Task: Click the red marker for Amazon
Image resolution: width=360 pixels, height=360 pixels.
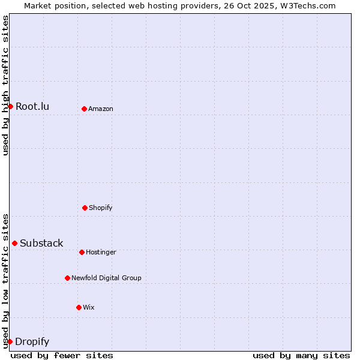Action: pyautogui.click(x=84, y=109)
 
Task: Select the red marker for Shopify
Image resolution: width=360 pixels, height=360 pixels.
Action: pyautogui.click(x=85, y=208)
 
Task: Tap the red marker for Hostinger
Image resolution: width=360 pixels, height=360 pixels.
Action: pyautogui.click(x=82, y=252)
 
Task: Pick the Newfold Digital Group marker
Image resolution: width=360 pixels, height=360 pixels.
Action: pyautogui.click(x=67, y=278)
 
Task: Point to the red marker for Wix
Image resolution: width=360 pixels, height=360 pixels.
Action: pyautogui.click(x=79, y=307)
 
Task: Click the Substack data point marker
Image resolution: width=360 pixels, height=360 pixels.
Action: pyautogui.click(x=14, y=243)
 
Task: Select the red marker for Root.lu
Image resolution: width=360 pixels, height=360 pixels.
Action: pyautogui.click(x=10, y=106)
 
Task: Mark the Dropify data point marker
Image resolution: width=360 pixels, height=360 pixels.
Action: pyautogui.click(x=10, y=341)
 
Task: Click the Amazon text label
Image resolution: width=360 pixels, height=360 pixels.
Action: pyautogui.click(x=101, y=109)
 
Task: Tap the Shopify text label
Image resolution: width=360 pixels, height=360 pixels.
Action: pyautogui.click(x=101, y=208)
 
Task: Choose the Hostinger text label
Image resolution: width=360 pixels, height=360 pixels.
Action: pyautogui.click(x=101, y=252)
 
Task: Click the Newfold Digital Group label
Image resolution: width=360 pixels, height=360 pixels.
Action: pyautogui.click(x=106, y=278)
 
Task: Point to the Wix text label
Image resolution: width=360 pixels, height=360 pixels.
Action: pyautogui.click(x=89, y=307)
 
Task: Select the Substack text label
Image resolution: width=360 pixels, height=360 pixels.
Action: pyautogui.click(x=41, y=243)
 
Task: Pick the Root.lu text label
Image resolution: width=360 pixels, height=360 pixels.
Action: pyautogui.click(x=32, y=106)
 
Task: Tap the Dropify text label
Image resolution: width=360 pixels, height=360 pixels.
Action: pyautogui.click(x=32, y=341)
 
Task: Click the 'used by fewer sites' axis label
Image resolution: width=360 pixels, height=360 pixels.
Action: pyautogui.click(x=62, y=355)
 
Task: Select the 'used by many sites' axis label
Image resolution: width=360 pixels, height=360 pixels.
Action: pyautogui.click(x=301, y=355)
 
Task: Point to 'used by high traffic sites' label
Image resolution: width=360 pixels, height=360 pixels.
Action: pyautogui.click(x=5, y=85)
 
